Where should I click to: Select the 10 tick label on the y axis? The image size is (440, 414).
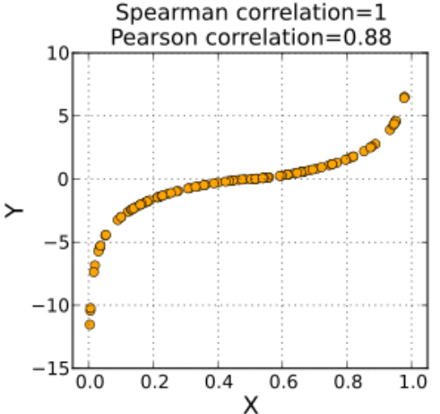(x=56, y=53)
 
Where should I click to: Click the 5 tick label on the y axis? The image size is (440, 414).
(x=61, y=116)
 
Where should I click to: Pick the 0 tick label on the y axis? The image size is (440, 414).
(x=61, y=179)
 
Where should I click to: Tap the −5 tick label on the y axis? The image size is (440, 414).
(x=56, y=242)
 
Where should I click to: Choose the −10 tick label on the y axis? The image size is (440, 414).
(x=52, y=306)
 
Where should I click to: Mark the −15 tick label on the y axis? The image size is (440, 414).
(x=52, y=368)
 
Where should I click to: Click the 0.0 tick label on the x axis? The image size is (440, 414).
(x=90, y=383)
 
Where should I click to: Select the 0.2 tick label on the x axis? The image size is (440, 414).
(x=154, y=383)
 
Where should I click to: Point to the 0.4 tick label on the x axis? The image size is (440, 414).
(x=219, y=383)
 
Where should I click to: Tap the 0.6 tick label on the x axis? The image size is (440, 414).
(x=283, y=383)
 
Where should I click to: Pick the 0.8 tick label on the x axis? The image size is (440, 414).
(x=348, y=383)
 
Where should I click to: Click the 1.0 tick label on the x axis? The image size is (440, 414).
(x=411, y=383)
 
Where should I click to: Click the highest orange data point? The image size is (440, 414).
(x=404, y=98)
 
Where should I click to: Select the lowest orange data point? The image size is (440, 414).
(x=90, y=324)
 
